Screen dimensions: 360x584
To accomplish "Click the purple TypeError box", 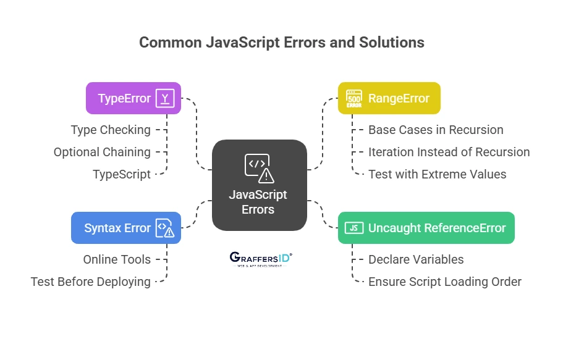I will pos(133,98).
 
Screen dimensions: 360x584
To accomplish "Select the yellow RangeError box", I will pos(389,98).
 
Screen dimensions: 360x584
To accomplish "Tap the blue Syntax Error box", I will pos(125,228).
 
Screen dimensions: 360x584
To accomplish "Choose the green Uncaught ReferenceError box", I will pos(426,228).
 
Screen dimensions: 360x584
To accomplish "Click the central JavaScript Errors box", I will pos(259,185).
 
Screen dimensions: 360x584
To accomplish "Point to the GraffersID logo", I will pos(260,258).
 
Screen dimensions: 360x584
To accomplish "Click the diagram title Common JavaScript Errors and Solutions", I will pos(281,42).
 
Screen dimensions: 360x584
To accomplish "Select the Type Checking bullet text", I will pos(111,130).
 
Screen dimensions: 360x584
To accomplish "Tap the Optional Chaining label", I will pos(102,152).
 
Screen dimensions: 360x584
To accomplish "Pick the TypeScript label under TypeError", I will pos(121,174).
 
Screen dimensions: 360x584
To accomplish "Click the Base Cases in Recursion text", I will pos(436,130).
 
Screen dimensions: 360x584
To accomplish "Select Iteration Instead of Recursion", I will pos(449,152).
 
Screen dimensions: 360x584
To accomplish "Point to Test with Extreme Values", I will pos(437,174).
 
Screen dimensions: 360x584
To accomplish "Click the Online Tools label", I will pos(117,259).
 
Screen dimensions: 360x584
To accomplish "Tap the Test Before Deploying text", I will pos(91,282).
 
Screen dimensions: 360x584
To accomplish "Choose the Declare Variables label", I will pos(416,259).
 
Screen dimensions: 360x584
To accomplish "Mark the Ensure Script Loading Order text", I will pos(444,282).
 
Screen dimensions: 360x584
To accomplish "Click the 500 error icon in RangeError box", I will pos(354,98).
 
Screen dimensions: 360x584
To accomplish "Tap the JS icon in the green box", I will pos(354,228).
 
